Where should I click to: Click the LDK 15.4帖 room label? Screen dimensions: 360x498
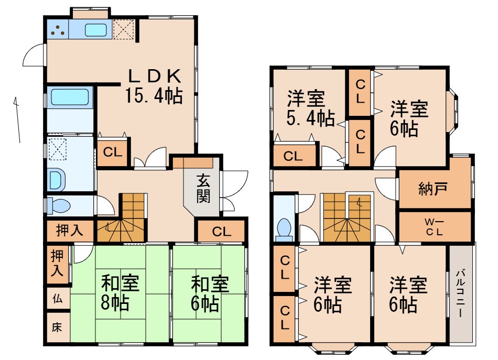point(154,86)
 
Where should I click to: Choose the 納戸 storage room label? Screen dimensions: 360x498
point(433,188)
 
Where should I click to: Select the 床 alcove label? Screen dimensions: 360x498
point(56,328)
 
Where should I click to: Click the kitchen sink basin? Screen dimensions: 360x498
point(96,30)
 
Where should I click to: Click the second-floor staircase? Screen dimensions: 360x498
point(346,217)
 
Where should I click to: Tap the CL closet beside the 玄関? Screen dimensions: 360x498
point(221,232)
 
